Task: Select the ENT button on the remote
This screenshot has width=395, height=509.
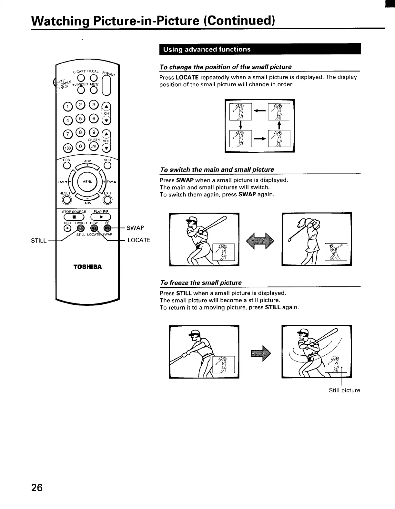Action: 94,147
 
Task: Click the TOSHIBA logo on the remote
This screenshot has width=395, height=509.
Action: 87,267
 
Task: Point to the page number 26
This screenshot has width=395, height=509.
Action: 37,487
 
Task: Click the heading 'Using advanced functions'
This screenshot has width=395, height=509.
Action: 207,49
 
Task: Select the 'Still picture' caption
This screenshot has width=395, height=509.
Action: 344,390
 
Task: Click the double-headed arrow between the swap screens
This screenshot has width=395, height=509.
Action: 260,241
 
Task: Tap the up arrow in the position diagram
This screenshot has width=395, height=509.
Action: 279,125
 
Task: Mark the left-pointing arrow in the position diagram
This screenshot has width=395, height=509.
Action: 260,111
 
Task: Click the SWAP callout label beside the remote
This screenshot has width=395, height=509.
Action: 135,228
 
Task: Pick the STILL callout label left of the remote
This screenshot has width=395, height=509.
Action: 39,240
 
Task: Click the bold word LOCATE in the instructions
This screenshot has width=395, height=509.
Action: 187,77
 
